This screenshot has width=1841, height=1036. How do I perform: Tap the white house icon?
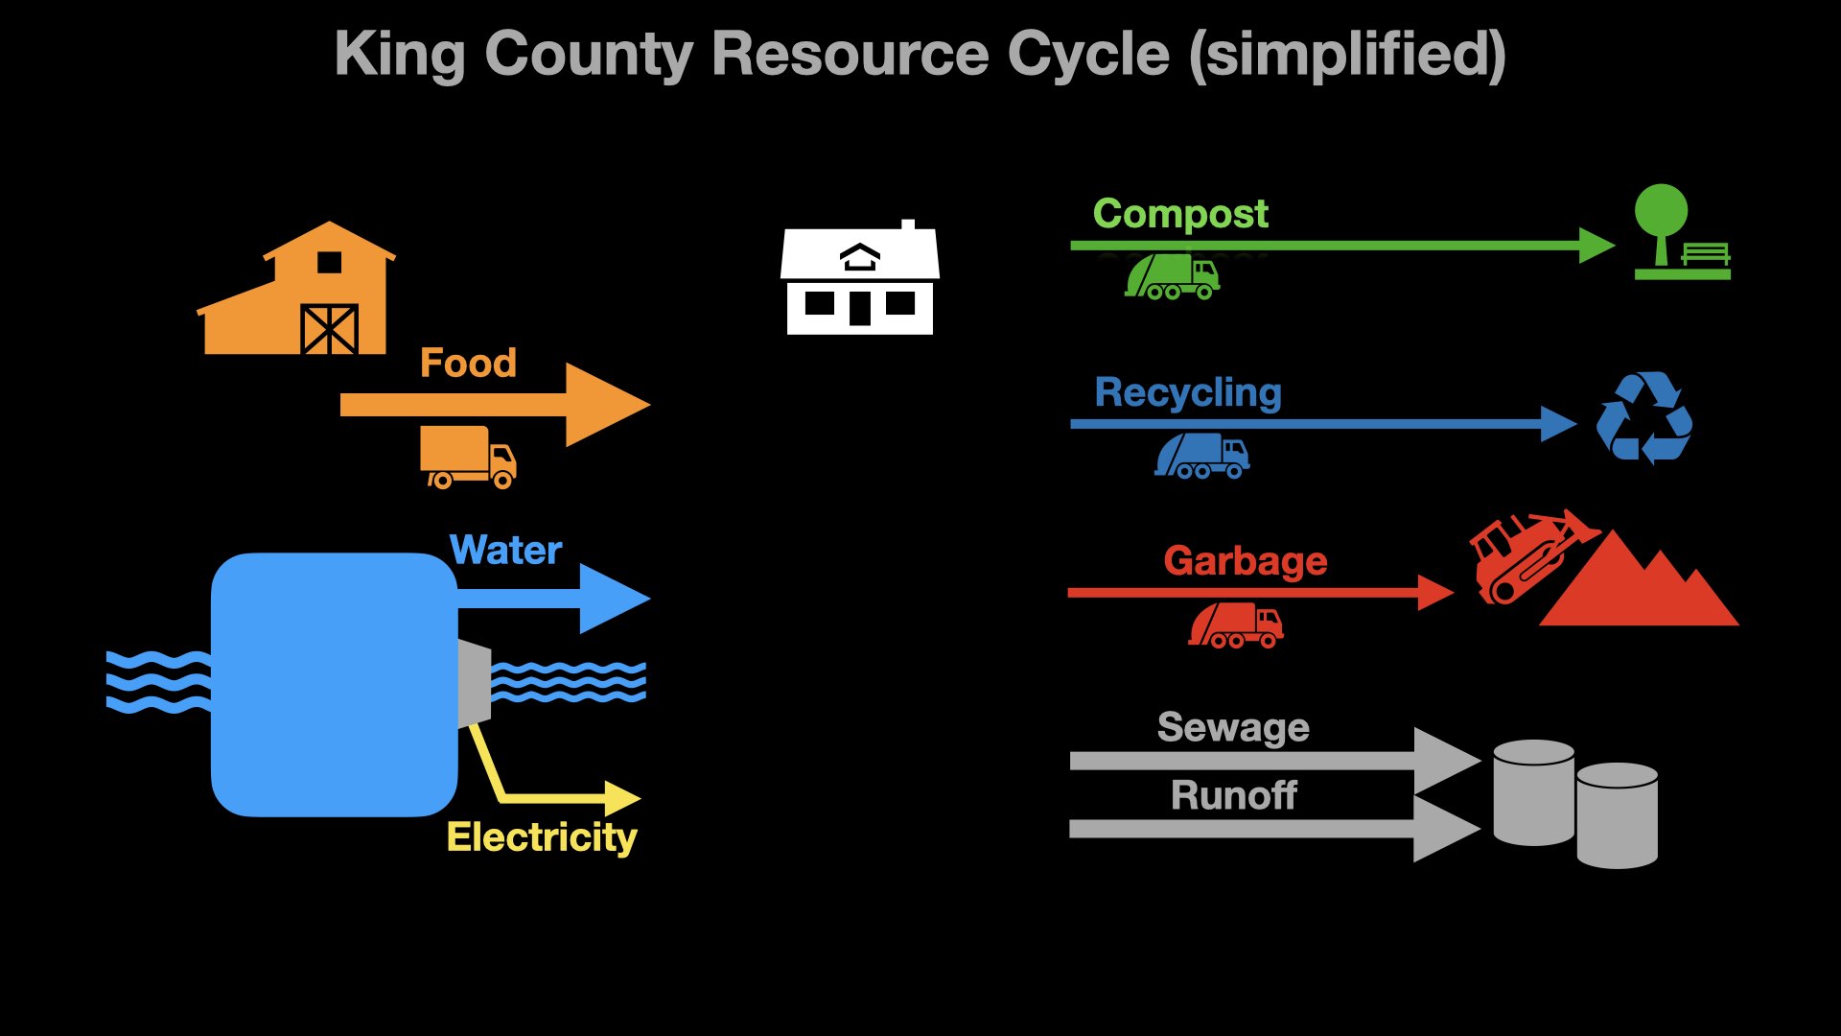pos(860,280)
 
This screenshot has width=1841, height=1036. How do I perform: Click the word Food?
pos(468,364)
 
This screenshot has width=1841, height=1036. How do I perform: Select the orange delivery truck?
pos(468,457)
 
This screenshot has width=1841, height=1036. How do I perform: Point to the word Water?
pos(505,551)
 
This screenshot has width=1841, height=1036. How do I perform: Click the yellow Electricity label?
pos(542,837)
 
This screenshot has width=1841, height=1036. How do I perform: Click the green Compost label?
pos(1180,214)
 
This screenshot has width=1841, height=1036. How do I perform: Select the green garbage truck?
pos(1172,276)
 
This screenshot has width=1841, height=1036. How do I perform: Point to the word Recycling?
pos(1188,392)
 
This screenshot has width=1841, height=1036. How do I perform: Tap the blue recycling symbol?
pos(1643,418)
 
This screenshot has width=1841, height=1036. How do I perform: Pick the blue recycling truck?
pos(1202,455)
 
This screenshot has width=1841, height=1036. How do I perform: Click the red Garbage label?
pos(1245,561)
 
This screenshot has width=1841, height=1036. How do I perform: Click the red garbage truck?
pos(1236,625)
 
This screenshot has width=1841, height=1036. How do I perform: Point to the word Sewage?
pos(1233,727)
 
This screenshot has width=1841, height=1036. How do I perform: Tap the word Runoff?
pos(1233,795)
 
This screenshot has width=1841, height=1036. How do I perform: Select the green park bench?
pos(1706,254)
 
